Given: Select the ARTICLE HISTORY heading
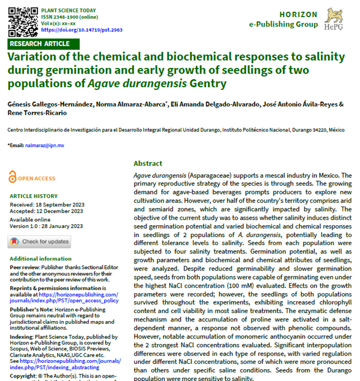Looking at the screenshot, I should pos(33,196).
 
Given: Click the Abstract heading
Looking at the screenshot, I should pos(148,163).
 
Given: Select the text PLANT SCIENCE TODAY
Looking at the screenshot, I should pos(68,10).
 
